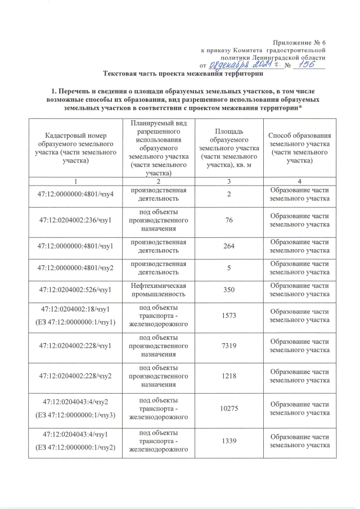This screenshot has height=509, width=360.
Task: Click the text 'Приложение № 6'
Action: (299, 43)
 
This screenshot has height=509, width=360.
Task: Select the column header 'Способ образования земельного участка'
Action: (299, 148)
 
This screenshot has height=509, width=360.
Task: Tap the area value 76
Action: (228, 220)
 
